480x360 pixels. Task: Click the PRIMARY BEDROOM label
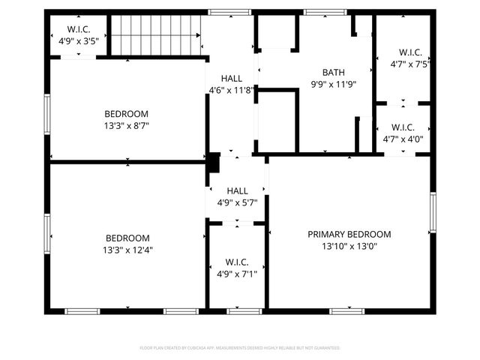(349, 235)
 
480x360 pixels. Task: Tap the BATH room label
(334, 73)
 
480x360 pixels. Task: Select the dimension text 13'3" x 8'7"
(127, 126)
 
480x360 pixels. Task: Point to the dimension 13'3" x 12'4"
(127, 250)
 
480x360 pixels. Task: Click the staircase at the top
(156, 34)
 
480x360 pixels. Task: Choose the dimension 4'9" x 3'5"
(79, 41)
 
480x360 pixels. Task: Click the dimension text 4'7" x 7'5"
(410, 64)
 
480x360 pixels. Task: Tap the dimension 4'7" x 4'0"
(403, 139)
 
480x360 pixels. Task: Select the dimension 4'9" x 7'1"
(237, 274)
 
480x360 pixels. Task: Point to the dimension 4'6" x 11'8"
(232, 90)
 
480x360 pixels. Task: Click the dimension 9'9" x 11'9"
(334, 85)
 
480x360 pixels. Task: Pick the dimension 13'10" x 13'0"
(349, 246)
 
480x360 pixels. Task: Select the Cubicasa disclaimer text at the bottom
(240, 348)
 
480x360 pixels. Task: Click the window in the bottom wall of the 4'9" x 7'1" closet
(237, 310)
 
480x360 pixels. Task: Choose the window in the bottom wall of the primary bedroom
(346, 310)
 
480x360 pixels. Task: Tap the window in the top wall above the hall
(219, 12)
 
